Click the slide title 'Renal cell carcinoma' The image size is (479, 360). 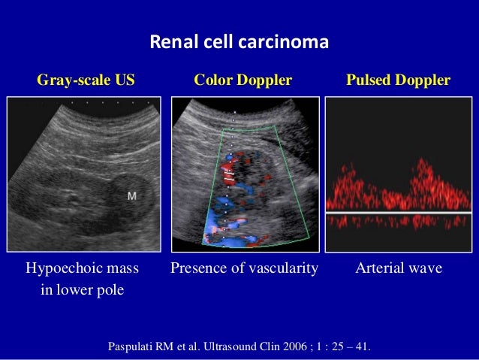coord(239,42)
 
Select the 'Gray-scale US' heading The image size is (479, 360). coord(86,80)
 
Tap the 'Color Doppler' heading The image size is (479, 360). coord(243,80)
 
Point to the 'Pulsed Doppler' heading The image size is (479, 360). coord(398,80)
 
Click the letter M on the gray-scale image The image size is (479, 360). coord(132,196)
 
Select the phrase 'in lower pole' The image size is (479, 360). coord(82,290)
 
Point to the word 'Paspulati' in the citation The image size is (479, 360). coord(135,348)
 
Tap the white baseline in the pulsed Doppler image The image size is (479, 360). coord(398,213)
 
